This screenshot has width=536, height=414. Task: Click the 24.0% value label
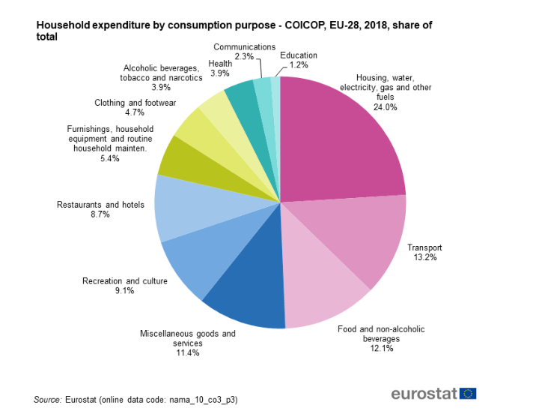point(385,107)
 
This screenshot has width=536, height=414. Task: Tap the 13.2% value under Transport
point(424,257)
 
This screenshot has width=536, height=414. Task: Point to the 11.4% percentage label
point(187,352)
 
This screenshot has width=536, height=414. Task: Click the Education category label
point(298,55)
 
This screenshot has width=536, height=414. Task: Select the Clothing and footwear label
point(135,103)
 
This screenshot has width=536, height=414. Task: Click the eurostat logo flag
point(469,393)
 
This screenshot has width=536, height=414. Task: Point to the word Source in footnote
point(48,400)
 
